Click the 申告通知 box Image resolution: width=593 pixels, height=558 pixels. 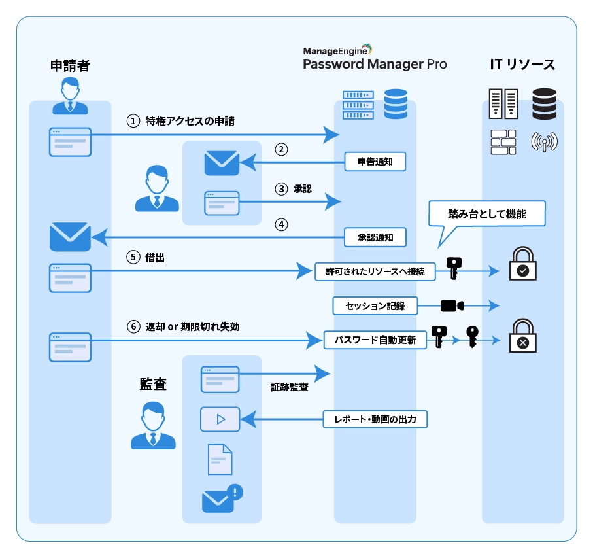click(x=375, y=160)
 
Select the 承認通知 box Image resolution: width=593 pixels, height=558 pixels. click(x=375, y=237)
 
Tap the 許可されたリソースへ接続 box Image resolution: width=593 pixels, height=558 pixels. click(x=375, y=271)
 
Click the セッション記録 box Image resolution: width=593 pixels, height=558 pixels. click(x=375, y=305)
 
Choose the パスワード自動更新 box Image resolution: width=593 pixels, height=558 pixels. click(x=375, y=340)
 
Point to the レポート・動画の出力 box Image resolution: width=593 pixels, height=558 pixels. click(x=375, y=419)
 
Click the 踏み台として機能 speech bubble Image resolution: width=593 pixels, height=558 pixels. click(x=486, y=214)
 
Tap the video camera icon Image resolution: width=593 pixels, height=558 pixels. click(x=452, y=305)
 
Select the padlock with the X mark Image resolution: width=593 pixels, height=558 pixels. click(x=523, y=336)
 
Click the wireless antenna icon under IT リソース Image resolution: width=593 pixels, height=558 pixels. click(x=545, y=142)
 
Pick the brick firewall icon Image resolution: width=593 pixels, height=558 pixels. click(x=503, y=142)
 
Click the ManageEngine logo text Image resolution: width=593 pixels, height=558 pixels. click(x=337, y=50)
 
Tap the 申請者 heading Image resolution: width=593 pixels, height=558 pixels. click(x=69, y=65)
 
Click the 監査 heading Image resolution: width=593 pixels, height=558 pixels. click(x=153, y=384)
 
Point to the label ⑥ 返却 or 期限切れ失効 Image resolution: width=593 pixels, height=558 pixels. click(x=183, y=326)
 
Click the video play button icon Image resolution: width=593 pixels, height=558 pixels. click(x=220, y=419)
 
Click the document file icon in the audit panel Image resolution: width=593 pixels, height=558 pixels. click(x=220, y=459)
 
